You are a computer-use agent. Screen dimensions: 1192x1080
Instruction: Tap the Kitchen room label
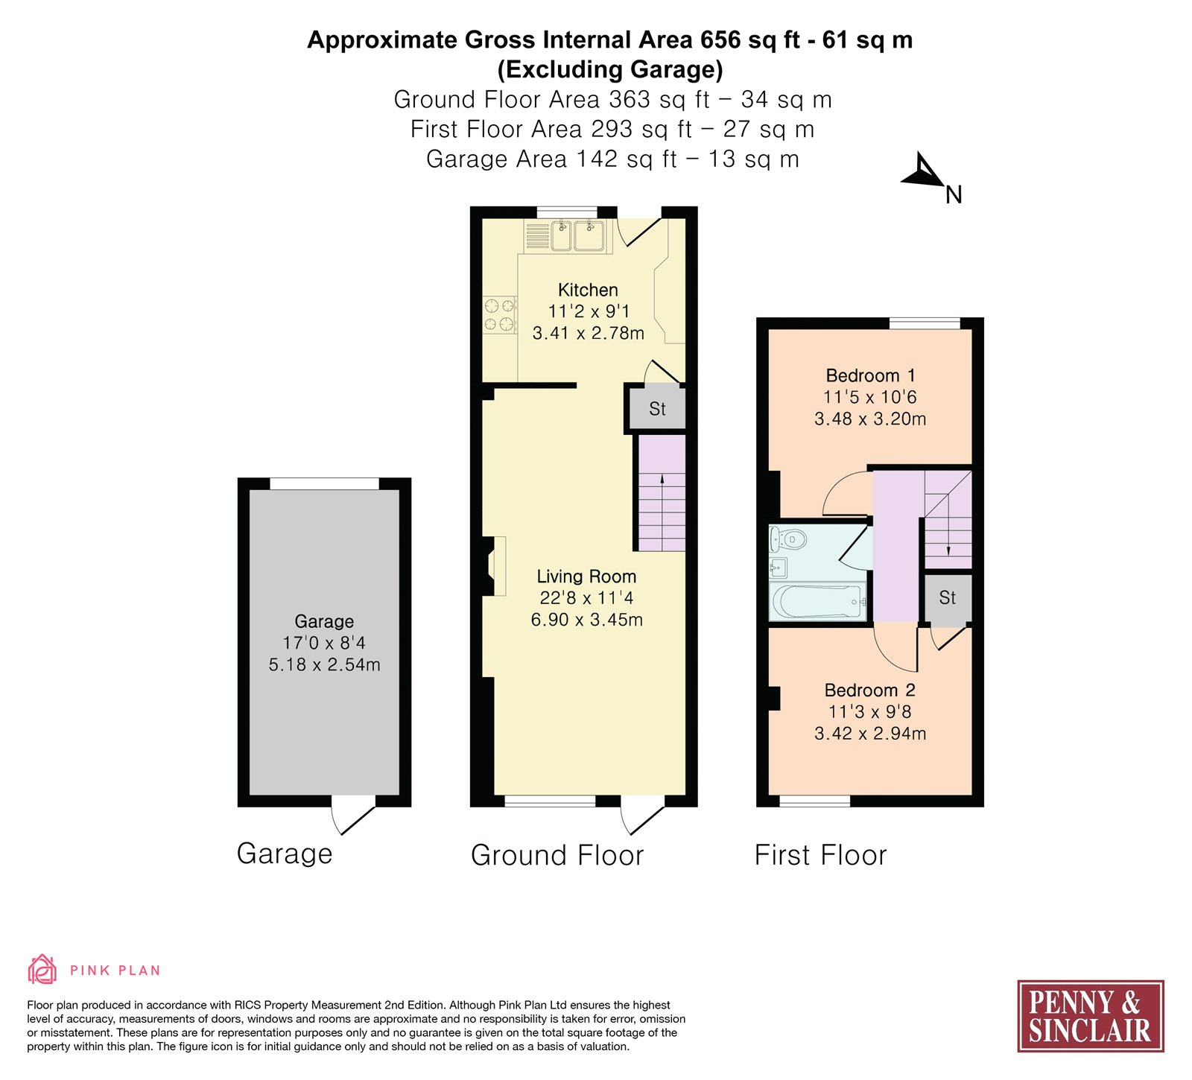pyautogui.click(x=588, y=290)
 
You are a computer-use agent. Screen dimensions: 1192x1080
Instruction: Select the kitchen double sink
pyautogui.click(x=577, y=235)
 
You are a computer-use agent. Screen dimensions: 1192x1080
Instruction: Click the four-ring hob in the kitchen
pyautogui.click(x=500, y=314)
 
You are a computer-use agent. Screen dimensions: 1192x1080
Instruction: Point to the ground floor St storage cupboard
pyautogui.click(x=657, y=408)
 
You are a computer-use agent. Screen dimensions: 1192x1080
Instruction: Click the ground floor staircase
pyautogui.click(x=662, y=492)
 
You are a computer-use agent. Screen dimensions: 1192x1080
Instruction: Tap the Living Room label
pyautogui.click(x=586, y=576)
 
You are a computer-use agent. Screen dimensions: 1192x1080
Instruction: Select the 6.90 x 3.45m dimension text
pyautogui.click(x=586, y=620)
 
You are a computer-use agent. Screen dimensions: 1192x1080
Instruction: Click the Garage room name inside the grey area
pyautogui.click(x=324, y=621)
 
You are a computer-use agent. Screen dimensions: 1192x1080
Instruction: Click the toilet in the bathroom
pyautogui.click(x=787, y=538)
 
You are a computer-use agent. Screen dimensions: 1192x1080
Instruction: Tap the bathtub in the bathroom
pyautogui.click(x=818, y=602)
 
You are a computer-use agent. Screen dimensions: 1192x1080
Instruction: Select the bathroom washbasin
pyautogui.click(x=778, y=568)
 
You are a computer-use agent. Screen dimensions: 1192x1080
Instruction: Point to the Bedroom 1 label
pyautogui.click(x=870, y=375)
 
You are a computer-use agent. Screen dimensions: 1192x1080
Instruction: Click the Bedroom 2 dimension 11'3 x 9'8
pyautogui.click(x=869, y=712)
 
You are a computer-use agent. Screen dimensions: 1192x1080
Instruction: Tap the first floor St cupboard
pyautogui.click(x=948, y=598)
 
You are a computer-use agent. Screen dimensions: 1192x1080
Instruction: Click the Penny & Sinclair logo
pyautogui.click(x=1091, y=1016)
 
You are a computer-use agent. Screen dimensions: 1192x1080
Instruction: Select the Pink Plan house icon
pyautogui.click(x=42, y=970)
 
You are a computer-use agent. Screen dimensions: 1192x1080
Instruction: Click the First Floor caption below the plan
pyautogui.click(x=821, y=855)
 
